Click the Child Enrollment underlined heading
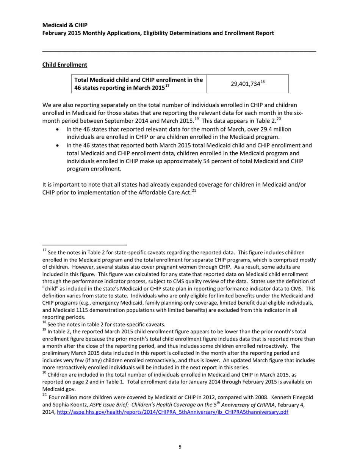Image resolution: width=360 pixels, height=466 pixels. pyautogui.click(x=64, y=65)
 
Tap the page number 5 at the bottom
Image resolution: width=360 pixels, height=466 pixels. pyautogui.click(x=180, y=447)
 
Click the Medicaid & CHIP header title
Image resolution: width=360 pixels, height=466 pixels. pyautogui.click(x=65, y=25)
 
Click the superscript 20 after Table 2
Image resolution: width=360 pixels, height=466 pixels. pyautogui.click(x=279, y=119)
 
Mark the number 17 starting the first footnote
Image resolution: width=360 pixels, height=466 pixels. pyautogui.click(x=44, y=250)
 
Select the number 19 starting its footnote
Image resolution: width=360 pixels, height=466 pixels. pyautogui.click(x=44, y=331)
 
